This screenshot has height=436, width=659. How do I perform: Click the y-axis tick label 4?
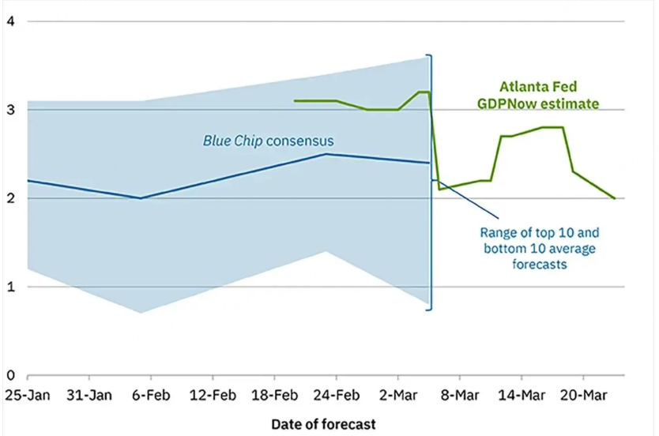(x=10, y=21)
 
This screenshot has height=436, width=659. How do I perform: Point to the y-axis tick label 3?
(x=10, y=110)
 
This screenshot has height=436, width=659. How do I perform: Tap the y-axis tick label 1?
(x=10, y=287)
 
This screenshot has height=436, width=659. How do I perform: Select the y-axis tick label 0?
(x=10, y=375)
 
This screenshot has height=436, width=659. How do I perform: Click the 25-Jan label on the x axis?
(x=26, y=393)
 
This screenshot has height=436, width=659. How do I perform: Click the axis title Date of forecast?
(x=323, y=424)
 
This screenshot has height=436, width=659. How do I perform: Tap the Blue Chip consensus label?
(x=268, y=141)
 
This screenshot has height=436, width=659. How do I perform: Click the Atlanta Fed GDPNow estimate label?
(x=548, y=96)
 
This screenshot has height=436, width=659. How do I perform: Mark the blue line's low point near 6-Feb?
(x=141, y=198)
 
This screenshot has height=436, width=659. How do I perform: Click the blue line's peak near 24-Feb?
(x=326, y=154)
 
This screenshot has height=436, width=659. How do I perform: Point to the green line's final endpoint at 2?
(x=615, y=198)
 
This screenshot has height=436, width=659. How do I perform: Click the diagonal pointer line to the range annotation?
(x=468, y=200)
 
